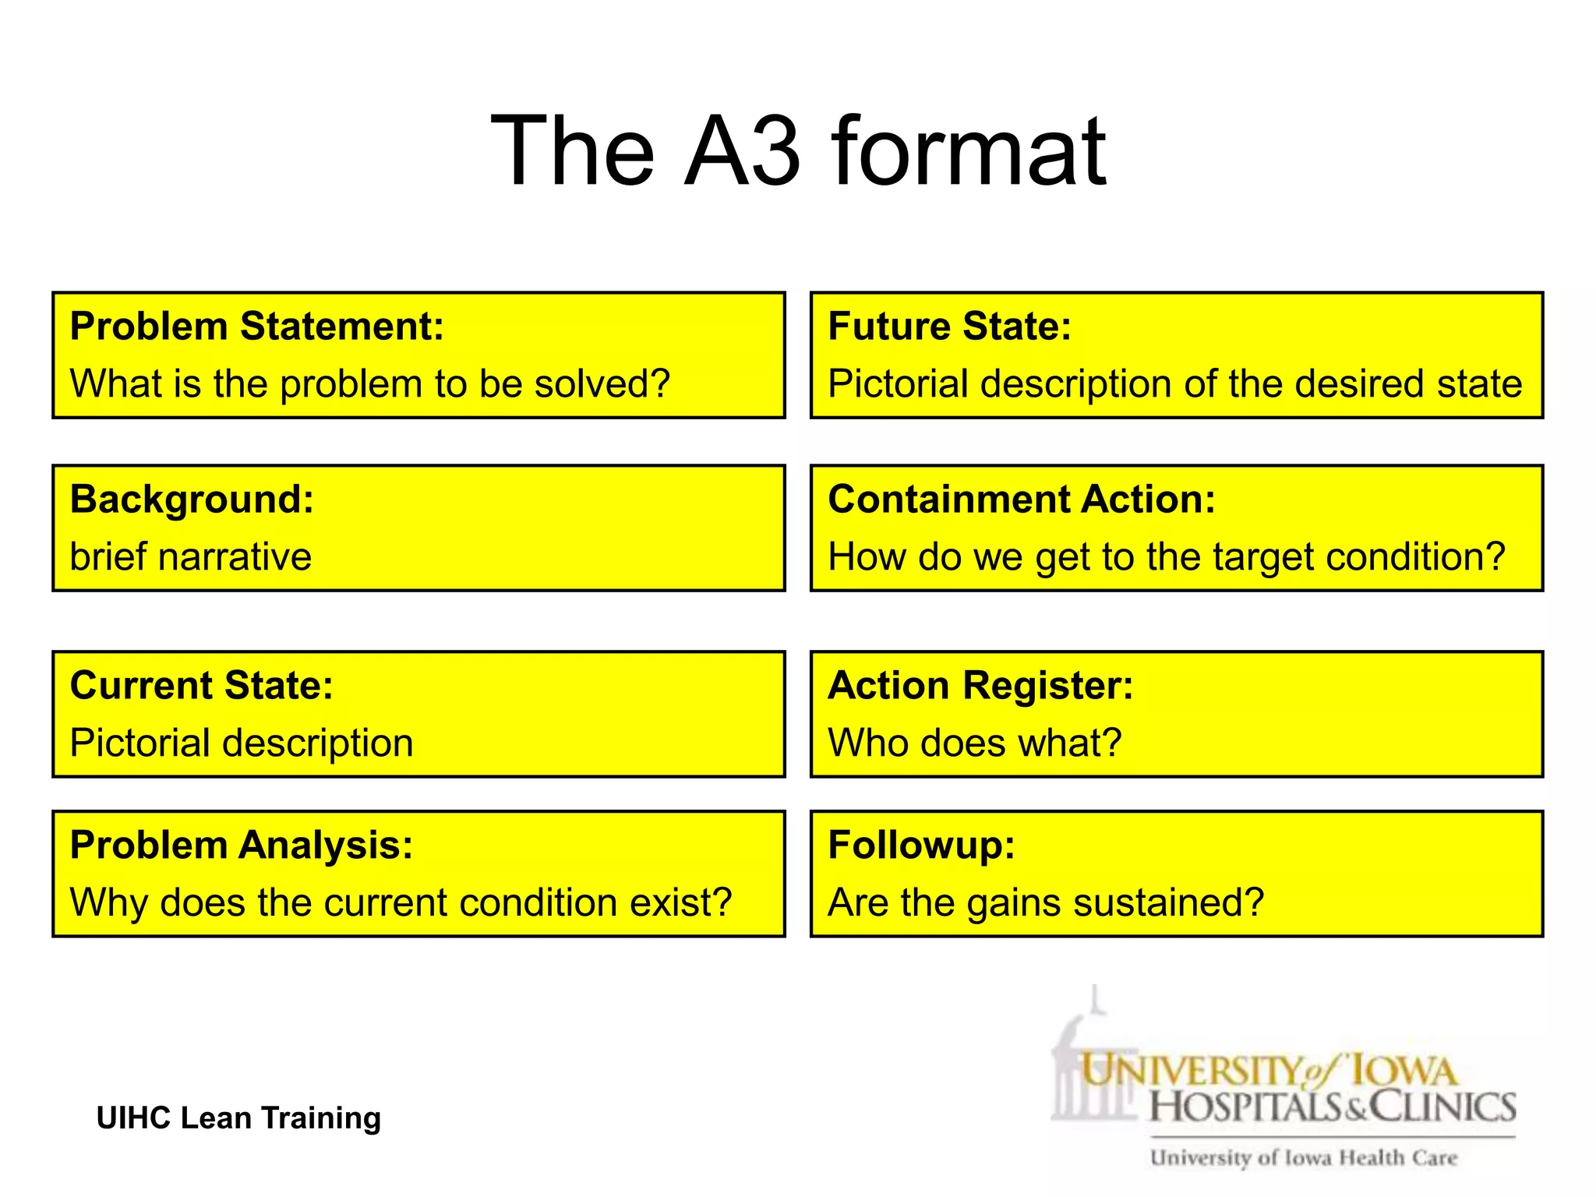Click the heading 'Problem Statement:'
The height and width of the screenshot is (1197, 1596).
pos(256,326)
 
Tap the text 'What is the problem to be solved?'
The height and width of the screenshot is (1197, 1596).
pos(369,383)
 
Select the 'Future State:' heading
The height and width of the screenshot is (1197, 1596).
pos(949,326)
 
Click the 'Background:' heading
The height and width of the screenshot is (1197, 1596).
pos(192,499)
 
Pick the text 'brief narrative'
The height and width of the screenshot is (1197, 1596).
pos(190,556)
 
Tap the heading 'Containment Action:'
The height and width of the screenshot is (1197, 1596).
pos(1021,499)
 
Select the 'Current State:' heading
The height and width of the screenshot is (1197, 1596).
pos(201,685)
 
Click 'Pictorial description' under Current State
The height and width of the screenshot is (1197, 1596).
pos(241,743)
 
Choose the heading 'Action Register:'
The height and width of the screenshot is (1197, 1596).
pos(980,685)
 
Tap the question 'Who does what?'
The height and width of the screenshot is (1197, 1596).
pos(974,743)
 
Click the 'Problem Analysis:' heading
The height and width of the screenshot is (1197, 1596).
pos(241,845)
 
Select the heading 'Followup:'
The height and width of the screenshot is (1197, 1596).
pos(921,845)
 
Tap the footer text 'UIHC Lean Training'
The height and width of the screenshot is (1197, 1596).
pos(238,1118)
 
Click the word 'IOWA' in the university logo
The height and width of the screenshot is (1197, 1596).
pos(1403,1072)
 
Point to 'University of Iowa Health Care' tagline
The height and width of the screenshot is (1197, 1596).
pos(1303,1158)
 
